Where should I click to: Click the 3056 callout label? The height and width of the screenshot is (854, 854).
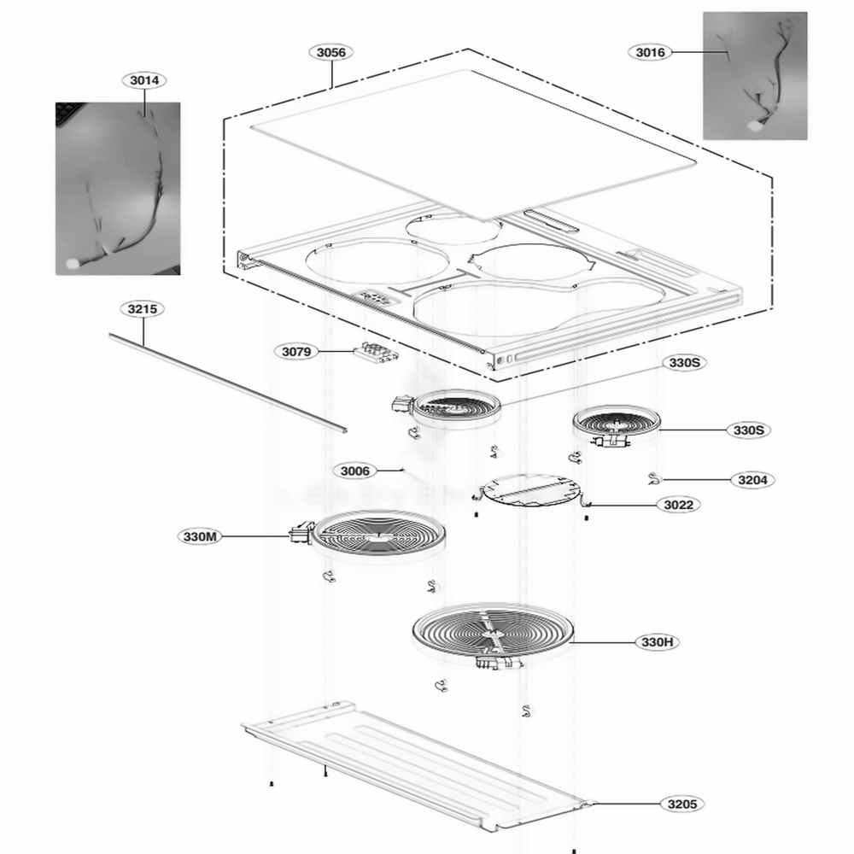(x=330, y=52)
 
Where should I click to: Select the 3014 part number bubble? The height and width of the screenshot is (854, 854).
(x=143, y=80)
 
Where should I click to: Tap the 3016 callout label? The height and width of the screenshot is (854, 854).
(x=650, y=52)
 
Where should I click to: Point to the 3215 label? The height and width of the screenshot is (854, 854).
(x=142, y=309)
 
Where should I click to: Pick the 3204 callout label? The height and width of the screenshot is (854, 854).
(x=752, y=480)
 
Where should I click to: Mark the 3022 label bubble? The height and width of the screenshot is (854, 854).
(x=681, y=505)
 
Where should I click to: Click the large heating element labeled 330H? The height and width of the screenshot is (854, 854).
(x=492, y=633)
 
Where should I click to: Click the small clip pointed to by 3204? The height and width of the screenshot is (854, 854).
(x=655, y=479)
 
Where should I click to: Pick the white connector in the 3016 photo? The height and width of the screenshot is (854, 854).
(x=756, y=126)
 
